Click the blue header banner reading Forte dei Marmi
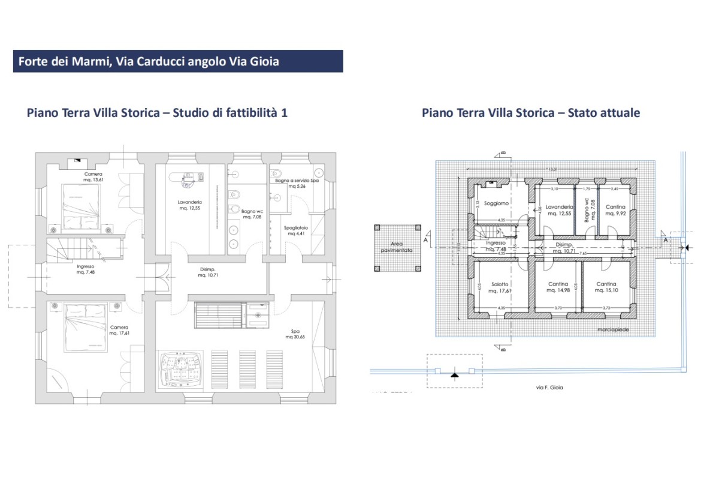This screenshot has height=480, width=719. [177, 61]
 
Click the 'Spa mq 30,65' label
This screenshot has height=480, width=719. [296, 334]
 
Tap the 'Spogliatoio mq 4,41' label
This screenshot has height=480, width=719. [295, 230]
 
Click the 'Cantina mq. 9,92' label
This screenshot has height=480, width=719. [614, 209]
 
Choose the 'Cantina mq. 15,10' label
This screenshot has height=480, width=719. [606, 287]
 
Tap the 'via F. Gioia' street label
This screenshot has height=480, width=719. [549, 388]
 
